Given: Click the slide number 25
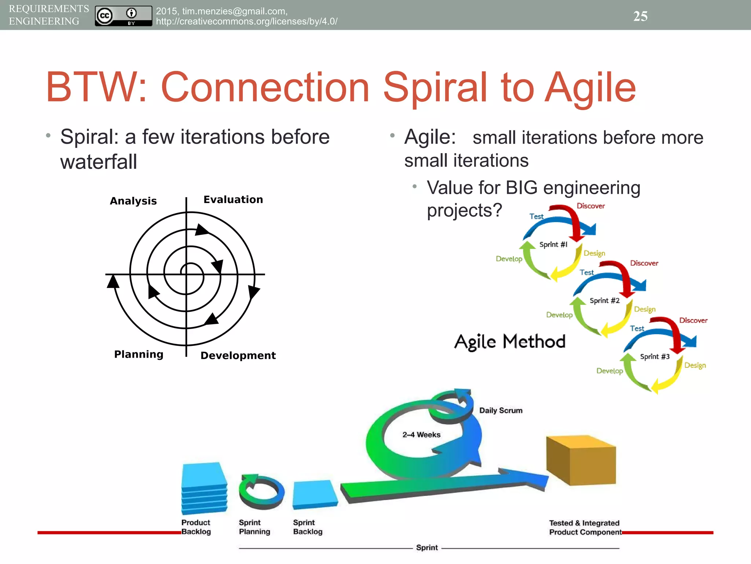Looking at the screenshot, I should (640, 16).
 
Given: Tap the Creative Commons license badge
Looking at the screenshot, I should (123, 16).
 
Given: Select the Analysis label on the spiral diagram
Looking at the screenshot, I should (133, 201).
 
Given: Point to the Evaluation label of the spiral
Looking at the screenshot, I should (233, 199).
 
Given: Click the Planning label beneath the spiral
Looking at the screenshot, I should (139, 354).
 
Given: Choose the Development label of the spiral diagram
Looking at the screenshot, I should (238, 355).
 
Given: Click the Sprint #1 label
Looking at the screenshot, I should (553, 245).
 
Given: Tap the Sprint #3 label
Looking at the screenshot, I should (655, 357).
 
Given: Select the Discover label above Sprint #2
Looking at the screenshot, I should (644, 263).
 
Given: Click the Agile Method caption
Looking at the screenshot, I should (510, 342).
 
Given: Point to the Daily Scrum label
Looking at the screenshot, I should (501, 411).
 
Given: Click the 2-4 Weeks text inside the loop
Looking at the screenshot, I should (421, 435).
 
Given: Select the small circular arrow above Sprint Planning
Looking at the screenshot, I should (261, 492).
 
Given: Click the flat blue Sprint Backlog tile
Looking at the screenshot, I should (315, 494).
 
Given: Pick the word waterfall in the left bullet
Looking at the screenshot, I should (99, 162).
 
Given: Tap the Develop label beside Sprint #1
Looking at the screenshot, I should (509, 259).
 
